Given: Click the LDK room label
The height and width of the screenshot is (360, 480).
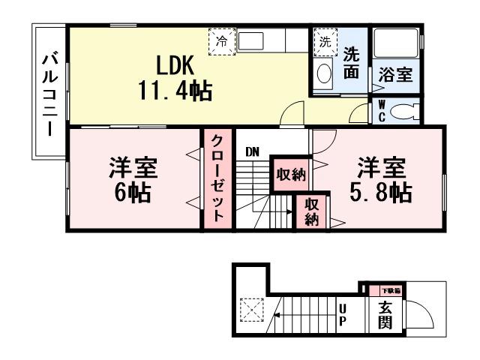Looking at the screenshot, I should (x=172, y=63).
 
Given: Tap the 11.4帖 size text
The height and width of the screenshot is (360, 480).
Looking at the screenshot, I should (x=173, y=91).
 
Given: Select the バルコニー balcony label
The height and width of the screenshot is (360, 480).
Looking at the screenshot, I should (x=49, y=94).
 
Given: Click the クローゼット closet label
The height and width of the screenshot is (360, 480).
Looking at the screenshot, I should (x=215, y=178).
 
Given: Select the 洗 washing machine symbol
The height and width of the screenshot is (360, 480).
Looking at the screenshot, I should (x=324, y=41).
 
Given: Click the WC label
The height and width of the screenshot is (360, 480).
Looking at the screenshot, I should (x=381, y=112).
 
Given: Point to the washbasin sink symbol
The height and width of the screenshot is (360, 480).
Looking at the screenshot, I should (x=324, y=72).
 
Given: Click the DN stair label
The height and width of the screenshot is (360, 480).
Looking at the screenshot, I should (x=253, y=152).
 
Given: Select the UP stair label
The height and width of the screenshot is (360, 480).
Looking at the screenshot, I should (x=343, y=315).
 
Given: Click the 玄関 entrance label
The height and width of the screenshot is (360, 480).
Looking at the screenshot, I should (x=385, y=315).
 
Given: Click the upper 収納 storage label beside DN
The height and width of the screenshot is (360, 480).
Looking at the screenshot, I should (x=290, y=175).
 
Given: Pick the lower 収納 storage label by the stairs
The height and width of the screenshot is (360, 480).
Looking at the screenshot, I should (x=312, y=211).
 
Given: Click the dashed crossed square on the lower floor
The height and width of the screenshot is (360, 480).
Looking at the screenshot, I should (x=250, y=309).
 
